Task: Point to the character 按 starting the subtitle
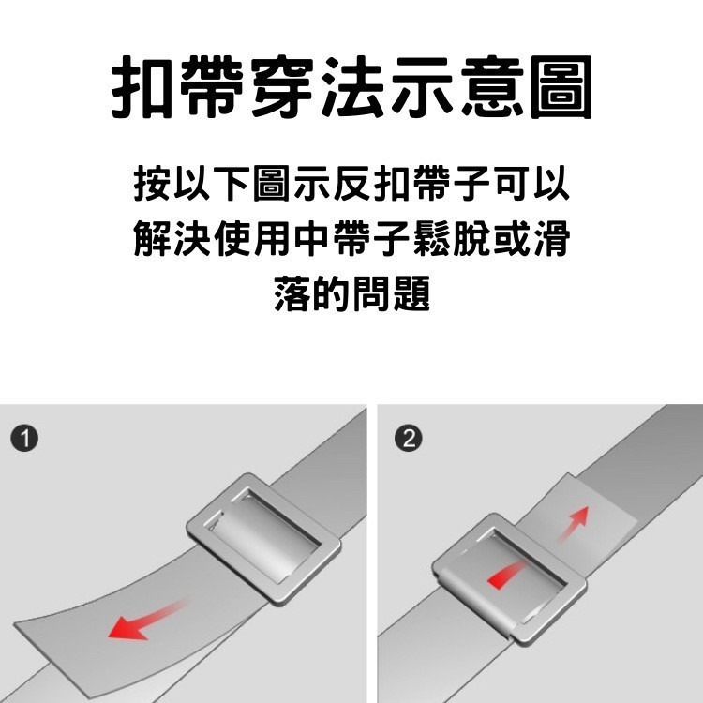click(152, 185)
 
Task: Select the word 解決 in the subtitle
click(171, 240)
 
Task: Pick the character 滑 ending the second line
click(550, 240)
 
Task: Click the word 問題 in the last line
click(390, 294)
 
